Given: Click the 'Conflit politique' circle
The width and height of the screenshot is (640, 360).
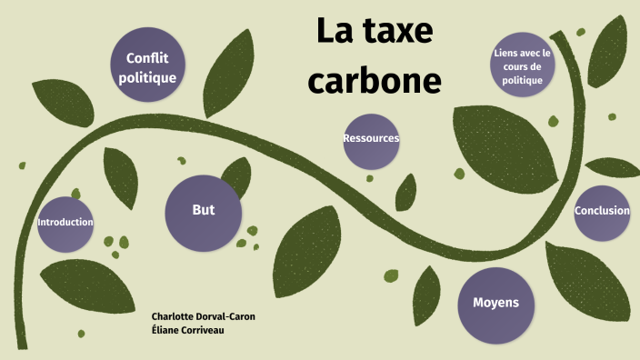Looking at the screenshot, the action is click(x=147, y=67).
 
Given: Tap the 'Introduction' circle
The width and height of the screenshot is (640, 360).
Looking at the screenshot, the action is click(x=65, y=224).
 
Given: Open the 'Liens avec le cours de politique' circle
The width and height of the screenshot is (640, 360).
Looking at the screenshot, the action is click(x=522, y=66).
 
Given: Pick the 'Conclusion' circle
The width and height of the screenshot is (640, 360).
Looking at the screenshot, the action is click(x=602, y=211).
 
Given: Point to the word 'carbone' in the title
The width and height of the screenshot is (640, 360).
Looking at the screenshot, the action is click(x=375, y=80).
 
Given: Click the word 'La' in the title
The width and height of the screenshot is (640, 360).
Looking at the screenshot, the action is click(x=334, y=32).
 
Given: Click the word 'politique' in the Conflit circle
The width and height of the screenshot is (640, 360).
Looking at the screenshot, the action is click(x=147, y=78).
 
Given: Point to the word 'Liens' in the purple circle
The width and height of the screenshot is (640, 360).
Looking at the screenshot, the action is click(x=506, y=53).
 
